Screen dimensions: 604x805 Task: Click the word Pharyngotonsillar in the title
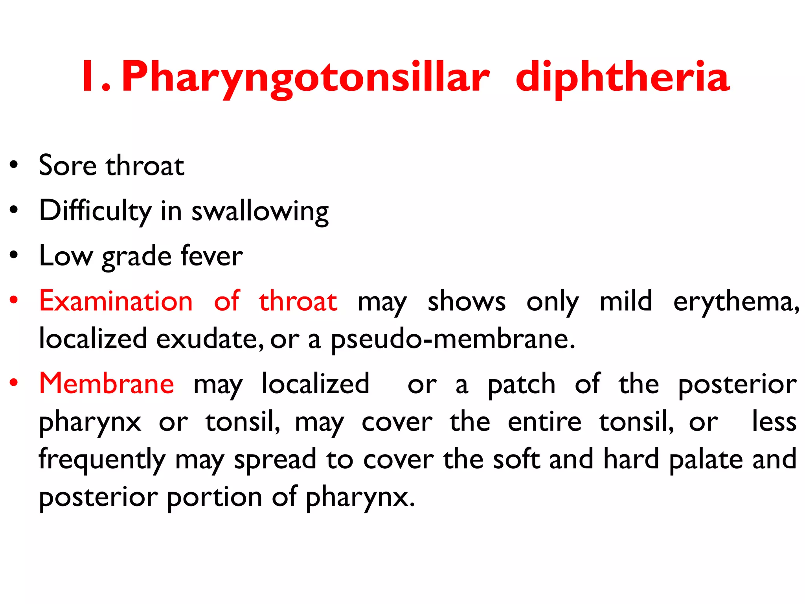coord(306,77)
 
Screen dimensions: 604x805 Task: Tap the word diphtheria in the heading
coord(623,77)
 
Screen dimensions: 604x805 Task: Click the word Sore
coord(67,166)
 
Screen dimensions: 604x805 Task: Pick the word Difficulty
coord(95,211)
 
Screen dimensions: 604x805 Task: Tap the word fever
coord(211,256)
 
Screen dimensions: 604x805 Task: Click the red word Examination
coord(116,301)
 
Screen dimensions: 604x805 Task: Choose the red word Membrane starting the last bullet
coord(107,383)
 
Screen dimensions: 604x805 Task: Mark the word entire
coord(544,422)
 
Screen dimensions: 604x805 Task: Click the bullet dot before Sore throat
coord(14,165)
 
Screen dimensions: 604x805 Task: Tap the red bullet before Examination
coord(14,300)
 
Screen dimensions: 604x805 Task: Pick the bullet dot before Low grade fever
coord(14,255)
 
